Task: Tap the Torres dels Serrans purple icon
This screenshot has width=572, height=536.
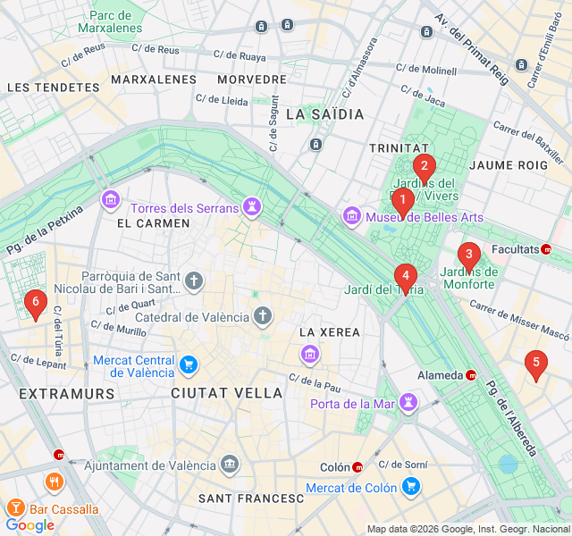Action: [x=253, y=208]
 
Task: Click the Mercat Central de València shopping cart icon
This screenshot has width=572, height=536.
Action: [x=188, y=364]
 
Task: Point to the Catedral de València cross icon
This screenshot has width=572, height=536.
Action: [x=263, y=316]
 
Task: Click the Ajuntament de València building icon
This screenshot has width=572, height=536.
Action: [x=231, y=465]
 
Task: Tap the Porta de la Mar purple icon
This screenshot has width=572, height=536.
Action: [x=408, y=403]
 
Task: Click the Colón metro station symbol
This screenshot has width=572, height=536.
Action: [x=357, y=467]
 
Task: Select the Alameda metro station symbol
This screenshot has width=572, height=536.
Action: [x=471, y=375]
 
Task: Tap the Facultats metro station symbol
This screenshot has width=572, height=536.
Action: [x=546, y=249]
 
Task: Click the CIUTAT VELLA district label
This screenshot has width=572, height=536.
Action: [x=226, y=393]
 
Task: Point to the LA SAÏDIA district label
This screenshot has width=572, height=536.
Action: [x=325, y=114]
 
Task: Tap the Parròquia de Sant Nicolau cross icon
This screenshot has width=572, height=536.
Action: [x=194, y=283]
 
